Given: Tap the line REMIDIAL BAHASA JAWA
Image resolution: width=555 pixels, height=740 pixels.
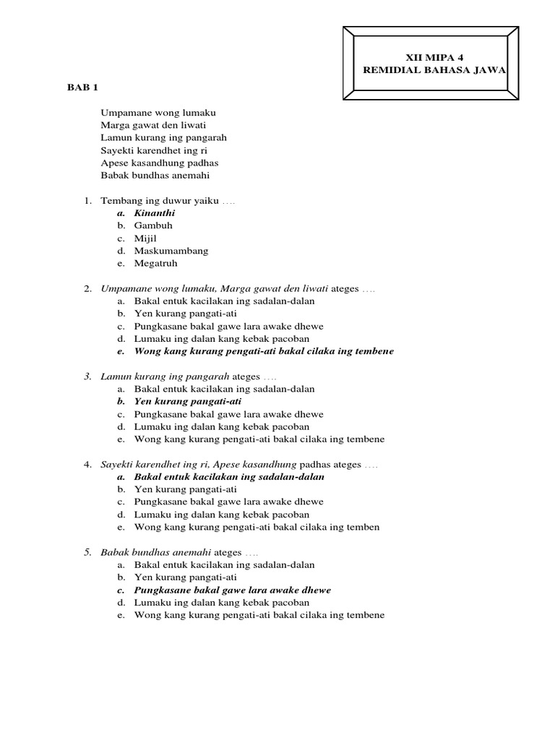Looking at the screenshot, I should tap(434, 69).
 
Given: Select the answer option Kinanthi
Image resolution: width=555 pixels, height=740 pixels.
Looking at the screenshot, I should tap(155, 213).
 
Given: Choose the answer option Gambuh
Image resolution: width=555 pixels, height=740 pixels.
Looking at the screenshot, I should tap(153, 225).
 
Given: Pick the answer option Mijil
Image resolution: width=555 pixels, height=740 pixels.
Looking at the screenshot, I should tap(145, 238).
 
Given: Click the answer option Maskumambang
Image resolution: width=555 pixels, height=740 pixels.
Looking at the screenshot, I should tap(171, 251).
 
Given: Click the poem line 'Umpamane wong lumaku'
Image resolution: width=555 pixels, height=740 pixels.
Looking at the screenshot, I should tap(159, 113).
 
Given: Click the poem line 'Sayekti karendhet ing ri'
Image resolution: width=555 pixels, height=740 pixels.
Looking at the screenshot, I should tap(158, 150).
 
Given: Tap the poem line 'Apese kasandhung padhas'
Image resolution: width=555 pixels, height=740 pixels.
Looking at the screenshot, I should tap(160, 163).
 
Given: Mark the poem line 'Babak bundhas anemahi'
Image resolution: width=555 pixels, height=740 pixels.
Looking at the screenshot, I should tap(155, 175).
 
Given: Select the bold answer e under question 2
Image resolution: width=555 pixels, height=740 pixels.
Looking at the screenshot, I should tap(264, 351).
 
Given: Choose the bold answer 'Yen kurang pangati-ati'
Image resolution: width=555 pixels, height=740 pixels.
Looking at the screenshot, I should tap(188, 401).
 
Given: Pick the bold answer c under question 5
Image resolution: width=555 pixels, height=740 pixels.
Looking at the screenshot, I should tap(232, 590).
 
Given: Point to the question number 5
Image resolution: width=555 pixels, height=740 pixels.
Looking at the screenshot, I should tap(87, 552).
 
